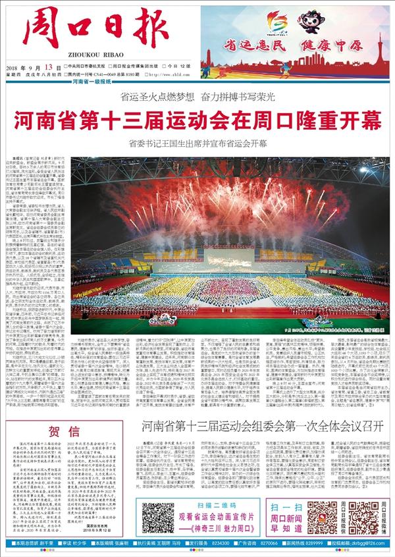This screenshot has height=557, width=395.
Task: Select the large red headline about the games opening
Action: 198,121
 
